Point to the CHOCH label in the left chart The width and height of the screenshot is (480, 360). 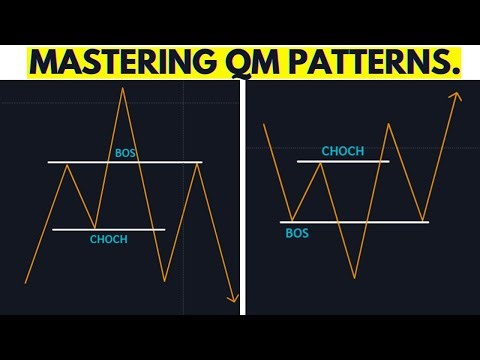[109, 240]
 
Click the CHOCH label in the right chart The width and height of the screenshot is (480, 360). [342, 151]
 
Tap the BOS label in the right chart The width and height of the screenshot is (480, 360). [297, 232]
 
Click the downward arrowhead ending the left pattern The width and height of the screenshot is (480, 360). [234, 298]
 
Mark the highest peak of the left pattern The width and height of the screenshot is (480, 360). [124, 89]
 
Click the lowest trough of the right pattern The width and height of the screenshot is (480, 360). [353, 277]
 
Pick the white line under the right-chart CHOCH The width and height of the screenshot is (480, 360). [342, 161]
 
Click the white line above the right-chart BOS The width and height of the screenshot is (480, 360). [355, 221]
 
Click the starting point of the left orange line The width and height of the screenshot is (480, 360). [25, 283]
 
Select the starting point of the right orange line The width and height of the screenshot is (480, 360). [263, 124]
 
